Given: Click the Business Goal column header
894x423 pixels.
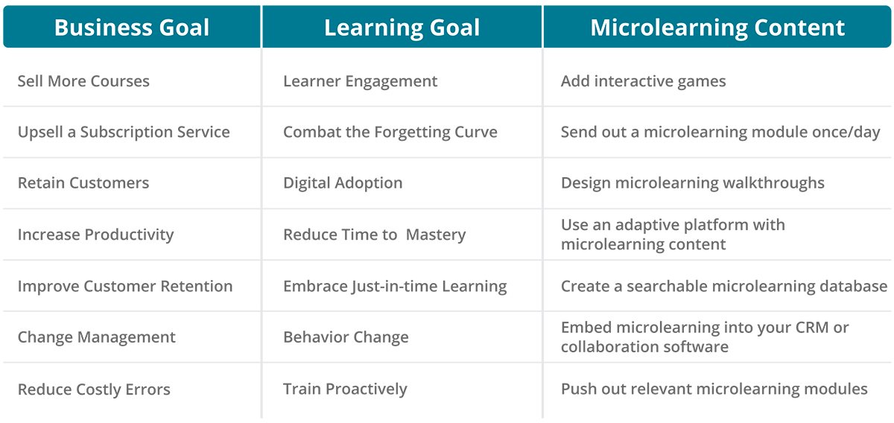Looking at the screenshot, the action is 132,28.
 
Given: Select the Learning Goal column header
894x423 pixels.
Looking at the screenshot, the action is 402,28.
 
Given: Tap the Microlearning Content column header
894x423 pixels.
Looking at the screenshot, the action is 717,28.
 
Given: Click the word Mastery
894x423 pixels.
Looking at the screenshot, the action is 435,235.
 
